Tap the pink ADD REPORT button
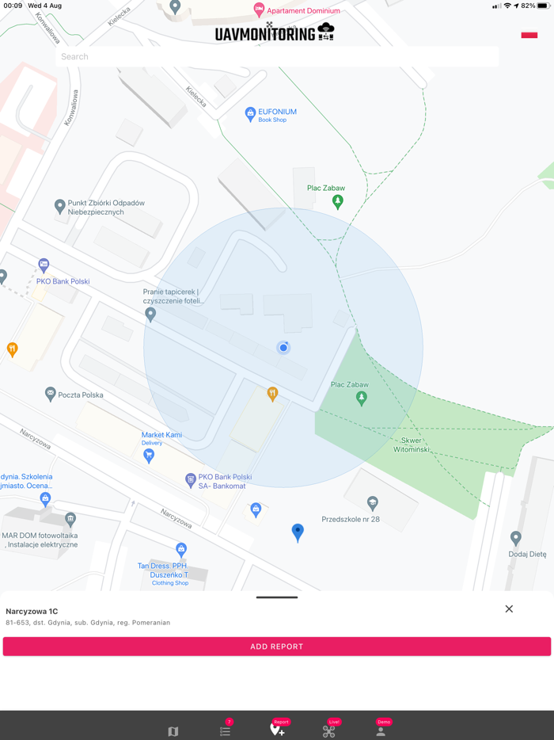pos(277,647)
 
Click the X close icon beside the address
pos(509,608)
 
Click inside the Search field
pos(277,57)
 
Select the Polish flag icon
pos(529,35)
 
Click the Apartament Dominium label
pos(303,11)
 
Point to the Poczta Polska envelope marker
pos(51,394)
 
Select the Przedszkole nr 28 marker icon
pos(372,503)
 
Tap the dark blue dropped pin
pos(298,532)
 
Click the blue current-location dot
pos(283,347)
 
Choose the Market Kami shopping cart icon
pos(149,456)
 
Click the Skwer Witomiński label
pos(412,444)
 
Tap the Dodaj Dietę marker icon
pos(516,539)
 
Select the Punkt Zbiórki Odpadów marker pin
pos(59,206)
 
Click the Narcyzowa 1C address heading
pos(32,612)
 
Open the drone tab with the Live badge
pos(329,730)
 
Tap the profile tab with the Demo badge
pos(381,730)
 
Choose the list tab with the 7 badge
pos(226,730)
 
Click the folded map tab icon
pos(173,731)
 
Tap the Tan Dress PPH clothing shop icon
pos(181,549)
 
